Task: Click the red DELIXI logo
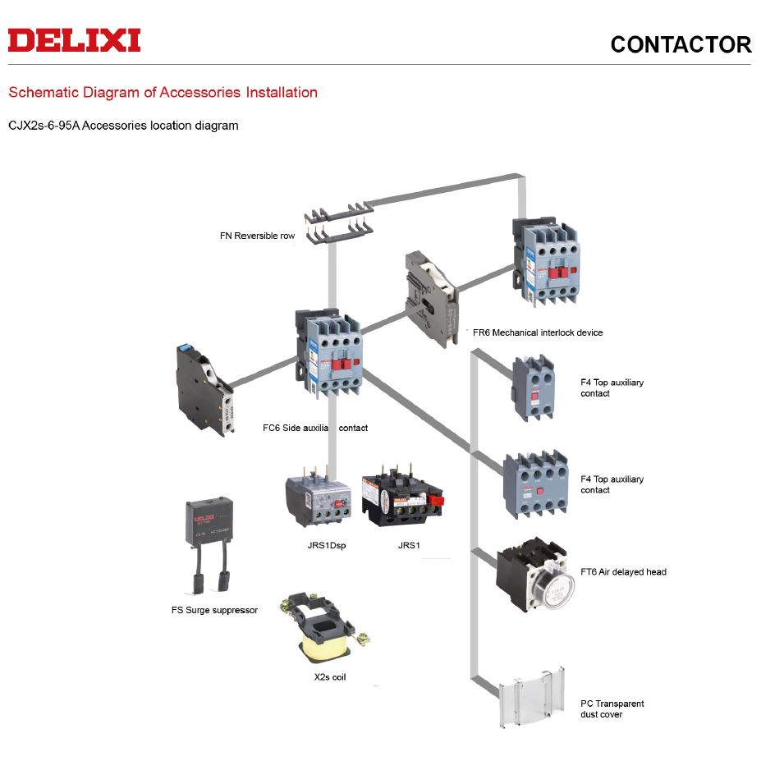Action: click(x=75, y=40)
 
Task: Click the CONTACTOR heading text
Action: click(x=681, y=44)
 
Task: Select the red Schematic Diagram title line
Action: click(x=163, y=92)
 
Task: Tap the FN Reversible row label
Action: click(x=257, y=236)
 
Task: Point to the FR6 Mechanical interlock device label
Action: click(x=538, y=332)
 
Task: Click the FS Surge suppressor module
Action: click(x=213, y=542)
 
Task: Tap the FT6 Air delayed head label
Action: click(x=623, y=572)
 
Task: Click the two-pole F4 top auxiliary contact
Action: click(x=534, y=387)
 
